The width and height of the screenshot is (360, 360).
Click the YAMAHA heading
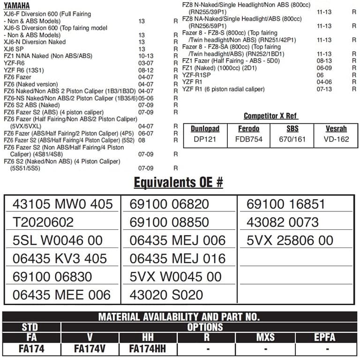point(17,6)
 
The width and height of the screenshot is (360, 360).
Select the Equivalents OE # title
point(178,183)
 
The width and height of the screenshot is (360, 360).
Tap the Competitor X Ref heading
point(271,116)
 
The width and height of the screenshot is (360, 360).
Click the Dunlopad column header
point(205,128)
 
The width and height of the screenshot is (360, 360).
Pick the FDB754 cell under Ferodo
point(249,139)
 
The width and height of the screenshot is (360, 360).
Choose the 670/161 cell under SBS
point(292,139)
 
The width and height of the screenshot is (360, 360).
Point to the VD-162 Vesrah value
point(337,139)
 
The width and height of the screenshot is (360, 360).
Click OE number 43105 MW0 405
point(62,204)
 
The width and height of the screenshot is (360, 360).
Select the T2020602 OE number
point(43,222)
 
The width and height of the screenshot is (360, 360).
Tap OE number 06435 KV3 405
point(60,258)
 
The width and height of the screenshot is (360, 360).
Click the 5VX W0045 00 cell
point(176,276)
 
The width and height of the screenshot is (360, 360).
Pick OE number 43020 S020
point(166,294)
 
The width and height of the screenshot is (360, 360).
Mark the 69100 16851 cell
point(285,204)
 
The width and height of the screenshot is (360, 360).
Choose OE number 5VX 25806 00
point(290,240)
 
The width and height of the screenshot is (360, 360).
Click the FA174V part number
point(90,349)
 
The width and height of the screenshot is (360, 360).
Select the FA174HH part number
point(147,349)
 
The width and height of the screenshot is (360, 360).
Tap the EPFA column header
point(325,338)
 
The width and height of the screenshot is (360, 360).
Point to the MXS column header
point(265,338)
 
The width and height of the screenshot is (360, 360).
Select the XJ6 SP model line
point(14,49)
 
